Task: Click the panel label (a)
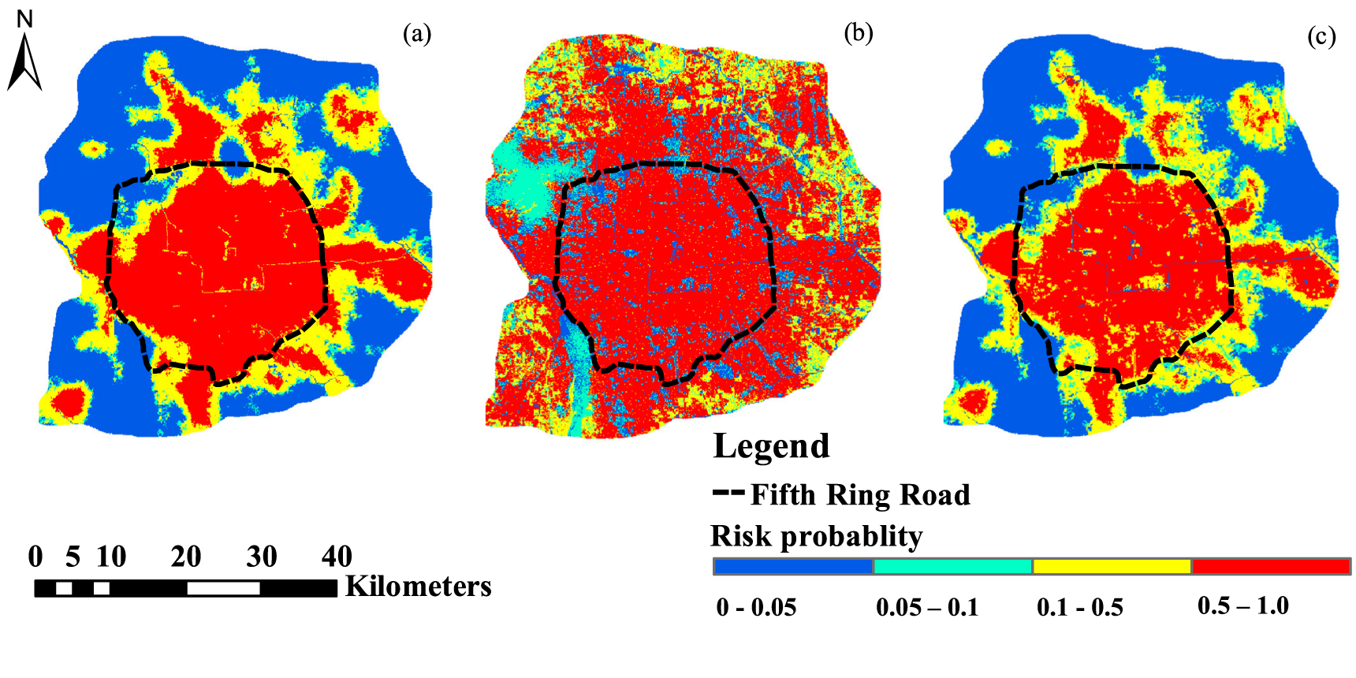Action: tap(417, 34)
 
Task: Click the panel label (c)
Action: tap(1321, 36)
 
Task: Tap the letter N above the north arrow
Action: tap(24, 19)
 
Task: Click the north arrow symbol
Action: tap(24, 63)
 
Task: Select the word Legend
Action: tap(771, 446)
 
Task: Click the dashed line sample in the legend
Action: tap(728, 494)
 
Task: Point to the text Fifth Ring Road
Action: tap(859, 495)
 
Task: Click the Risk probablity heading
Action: tap(816, 536)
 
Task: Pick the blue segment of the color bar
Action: tap(793, 566)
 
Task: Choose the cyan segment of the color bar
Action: tap(952, 566)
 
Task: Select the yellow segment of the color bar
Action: tap(1112, 566)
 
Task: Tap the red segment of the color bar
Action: tap(1271, 566)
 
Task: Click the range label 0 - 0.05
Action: tap(756, 608)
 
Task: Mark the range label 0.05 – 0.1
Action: tap(927, 608)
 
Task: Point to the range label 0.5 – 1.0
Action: tap(1242, 606)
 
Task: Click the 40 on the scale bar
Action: tap(337, 557)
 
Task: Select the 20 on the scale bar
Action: tap(186, 557)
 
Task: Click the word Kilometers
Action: tap(418, 587)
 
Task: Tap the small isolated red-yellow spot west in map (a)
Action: tap(94, 148)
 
